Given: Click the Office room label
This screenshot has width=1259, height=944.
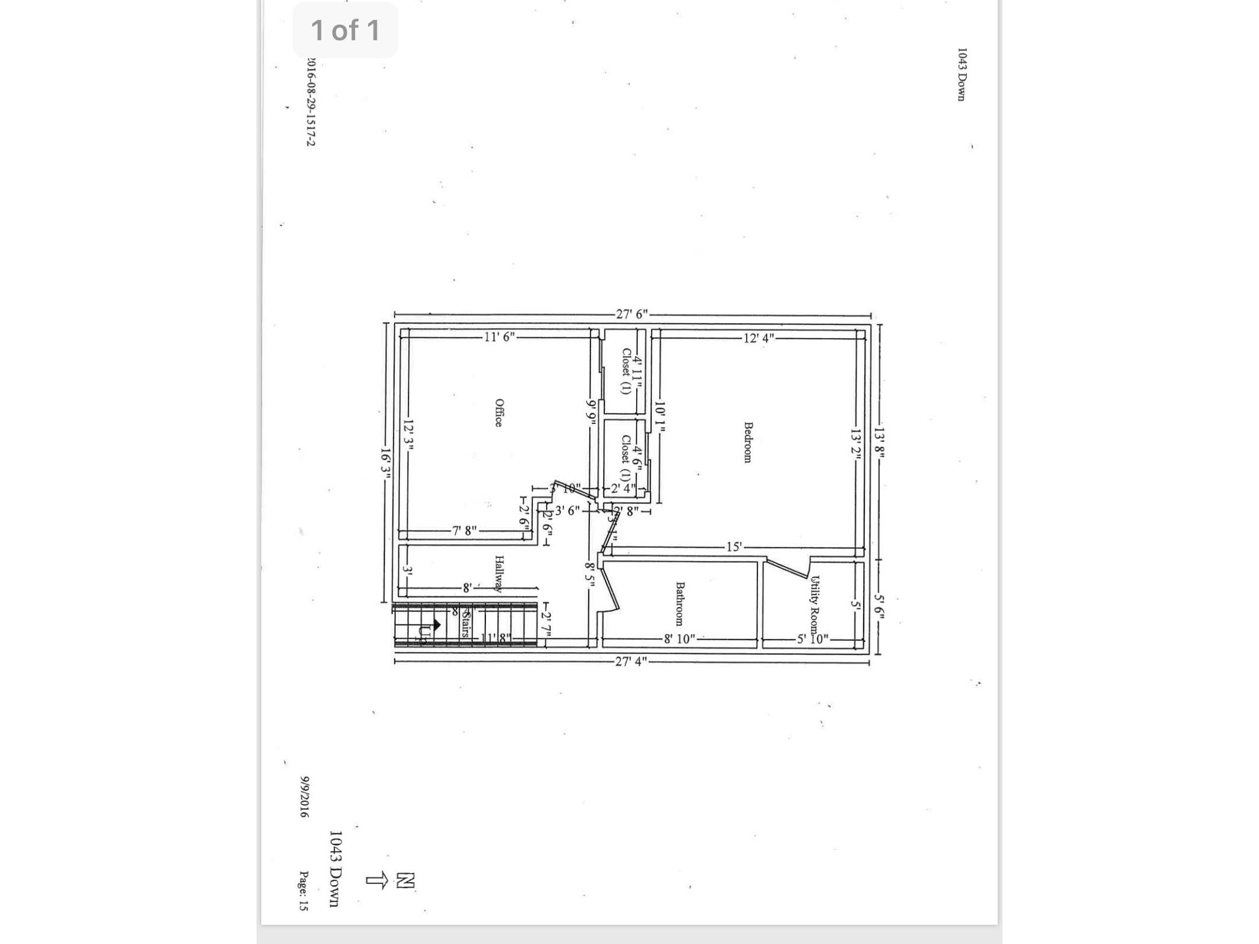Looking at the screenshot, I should coord(498,413).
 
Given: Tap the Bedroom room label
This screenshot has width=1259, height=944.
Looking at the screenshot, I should coord(748,442).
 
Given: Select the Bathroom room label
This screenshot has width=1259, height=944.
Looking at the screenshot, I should coord(680,604).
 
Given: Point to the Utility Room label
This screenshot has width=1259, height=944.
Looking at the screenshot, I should coord(815,605).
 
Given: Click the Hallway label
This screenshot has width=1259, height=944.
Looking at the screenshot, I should coord(499,573).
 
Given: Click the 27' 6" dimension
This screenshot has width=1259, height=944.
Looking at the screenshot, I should coord(632,314).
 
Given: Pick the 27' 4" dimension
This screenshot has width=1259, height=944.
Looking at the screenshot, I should coord(631,661).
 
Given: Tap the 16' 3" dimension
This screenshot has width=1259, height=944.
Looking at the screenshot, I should coord(386,463).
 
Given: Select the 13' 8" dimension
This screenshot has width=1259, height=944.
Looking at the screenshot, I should coord(879,443).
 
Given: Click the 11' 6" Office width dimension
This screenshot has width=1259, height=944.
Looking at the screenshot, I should coord(500,337).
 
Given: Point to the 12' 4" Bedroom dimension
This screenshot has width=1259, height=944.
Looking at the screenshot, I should coord(759,338).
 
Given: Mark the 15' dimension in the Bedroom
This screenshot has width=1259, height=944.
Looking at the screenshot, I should coord(734,546).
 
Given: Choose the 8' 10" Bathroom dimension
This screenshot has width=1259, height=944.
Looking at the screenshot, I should coord(679,639).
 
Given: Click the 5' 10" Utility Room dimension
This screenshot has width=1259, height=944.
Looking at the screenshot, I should coord(813,639).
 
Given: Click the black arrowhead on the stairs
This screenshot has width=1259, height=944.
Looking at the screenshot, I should coord(437,625).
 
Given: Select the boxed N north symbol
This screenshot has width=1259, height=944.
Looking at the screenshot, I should coord(405,880).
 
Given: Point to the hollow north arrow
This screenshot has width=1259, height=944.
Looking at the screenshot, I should coord(377,880).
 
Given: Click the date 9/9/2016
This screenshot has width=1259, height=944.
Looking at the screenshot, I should coord(305,796).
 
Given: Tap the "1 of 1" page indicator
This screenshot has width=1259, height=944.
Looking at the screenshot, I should coord(345,30).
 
